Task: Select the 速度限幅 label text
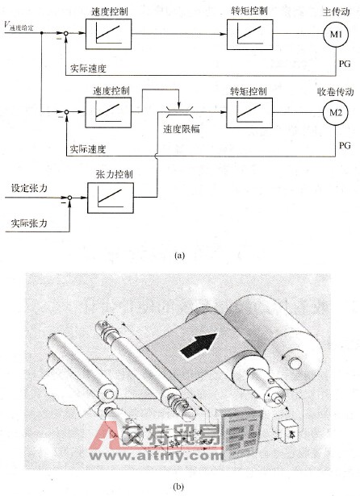tap(182, 127)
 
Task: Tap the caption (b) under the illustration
tap(179, 485)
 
